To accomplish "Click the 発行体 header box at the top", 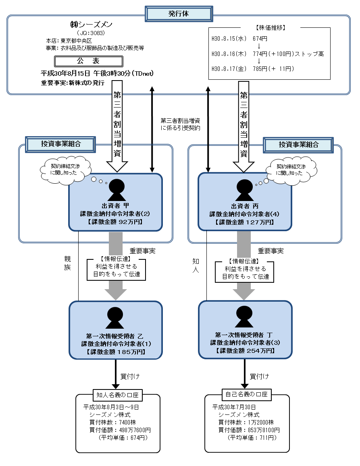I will coord(179,14).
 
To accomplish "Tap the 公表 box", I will coord(88,61).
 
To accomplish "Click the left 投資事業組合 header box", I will coord(60,144).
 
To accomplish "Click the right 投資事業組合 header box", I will coord(298,144).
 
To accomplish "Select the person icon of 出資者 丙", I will coord(244,188).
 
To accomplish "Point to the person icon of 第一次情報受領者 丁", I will coord(244,317).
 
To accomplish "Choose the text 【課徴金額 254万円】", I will coord(245,351).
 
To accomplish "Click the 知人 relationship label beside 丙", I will coord(196,266).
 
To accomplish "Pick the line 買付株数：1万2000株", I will coord(246,423).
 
